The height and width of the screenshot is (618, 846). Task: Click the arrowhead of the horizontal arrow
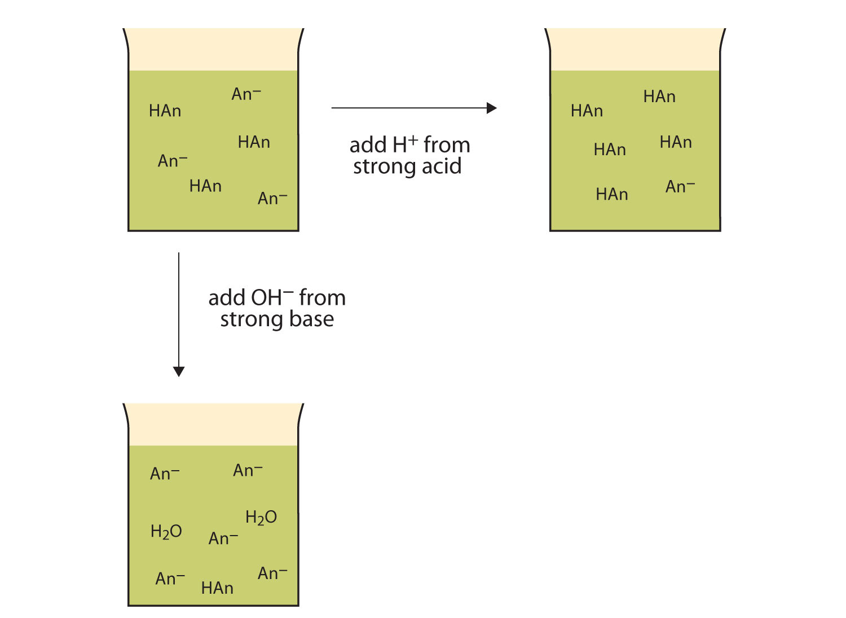[492, 108]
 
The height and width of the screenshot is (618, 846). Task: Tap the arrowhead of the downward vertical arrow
[179, 371]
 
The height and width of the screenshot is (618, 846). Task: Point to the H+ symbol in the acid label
[405, 144]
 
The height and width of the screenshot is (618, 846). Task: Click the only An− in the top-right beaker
[680, 187]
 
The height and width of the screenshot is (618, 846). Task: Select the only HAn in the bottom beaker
[217, 588]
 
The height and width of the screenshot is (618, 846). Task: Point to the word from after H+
[447, 145]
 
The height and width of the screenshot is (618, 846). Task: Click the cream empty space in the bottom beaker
[213, 425]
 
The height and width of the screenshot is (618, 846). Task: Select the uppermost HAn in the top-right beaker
[659, 97]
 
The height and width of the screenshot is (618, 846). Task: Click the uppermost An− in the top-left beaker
[246, 94]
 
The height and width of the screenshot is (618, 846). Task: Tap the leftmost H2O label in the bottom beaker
[166, 532]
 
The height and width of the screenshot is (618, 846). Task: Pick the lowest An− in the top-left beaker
[272, 199]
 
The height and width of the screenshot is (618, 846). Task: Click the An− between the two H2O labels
[223, 538]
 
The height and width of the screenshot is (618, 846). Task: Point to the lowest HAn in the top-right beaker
[612, 195]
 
